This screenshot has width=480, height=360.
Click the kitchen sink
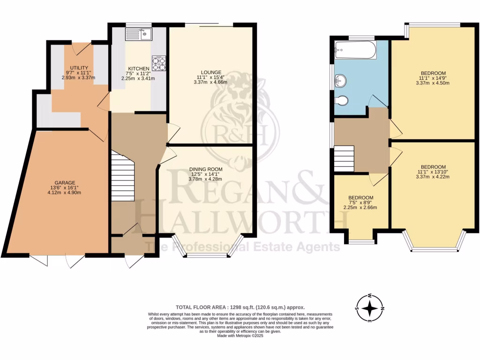click(138, 34)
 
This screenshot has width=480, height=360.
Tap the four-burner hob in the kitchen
click(159, 63)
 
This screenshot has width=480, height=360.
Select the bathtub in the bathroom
click(355, 49)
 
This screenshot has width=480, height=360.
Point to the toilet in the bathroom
click(342, 100)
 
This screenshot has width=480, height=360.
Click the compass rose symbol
click(370, 308)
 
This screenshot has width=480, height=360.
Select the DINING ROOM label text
click(206, 169)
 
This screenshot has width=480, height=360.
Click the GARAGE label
click(65, 183)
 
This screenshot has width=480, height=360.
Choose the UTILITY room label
click(79, 68)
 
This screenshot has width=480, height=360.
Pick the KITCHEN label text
click(138, 68)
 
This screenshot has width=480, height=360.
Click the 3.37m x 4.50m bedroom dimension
click(433, 83)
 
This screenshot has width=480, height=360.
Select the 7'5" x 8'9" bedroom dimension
click(361, 202)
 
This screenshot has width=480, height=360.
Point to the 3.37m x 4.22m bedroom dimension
click(433, 177)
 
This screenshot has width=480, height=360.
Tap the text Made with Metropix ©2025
click(240, 336)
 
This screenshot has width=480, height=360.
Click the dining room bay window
click(208, 254)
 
